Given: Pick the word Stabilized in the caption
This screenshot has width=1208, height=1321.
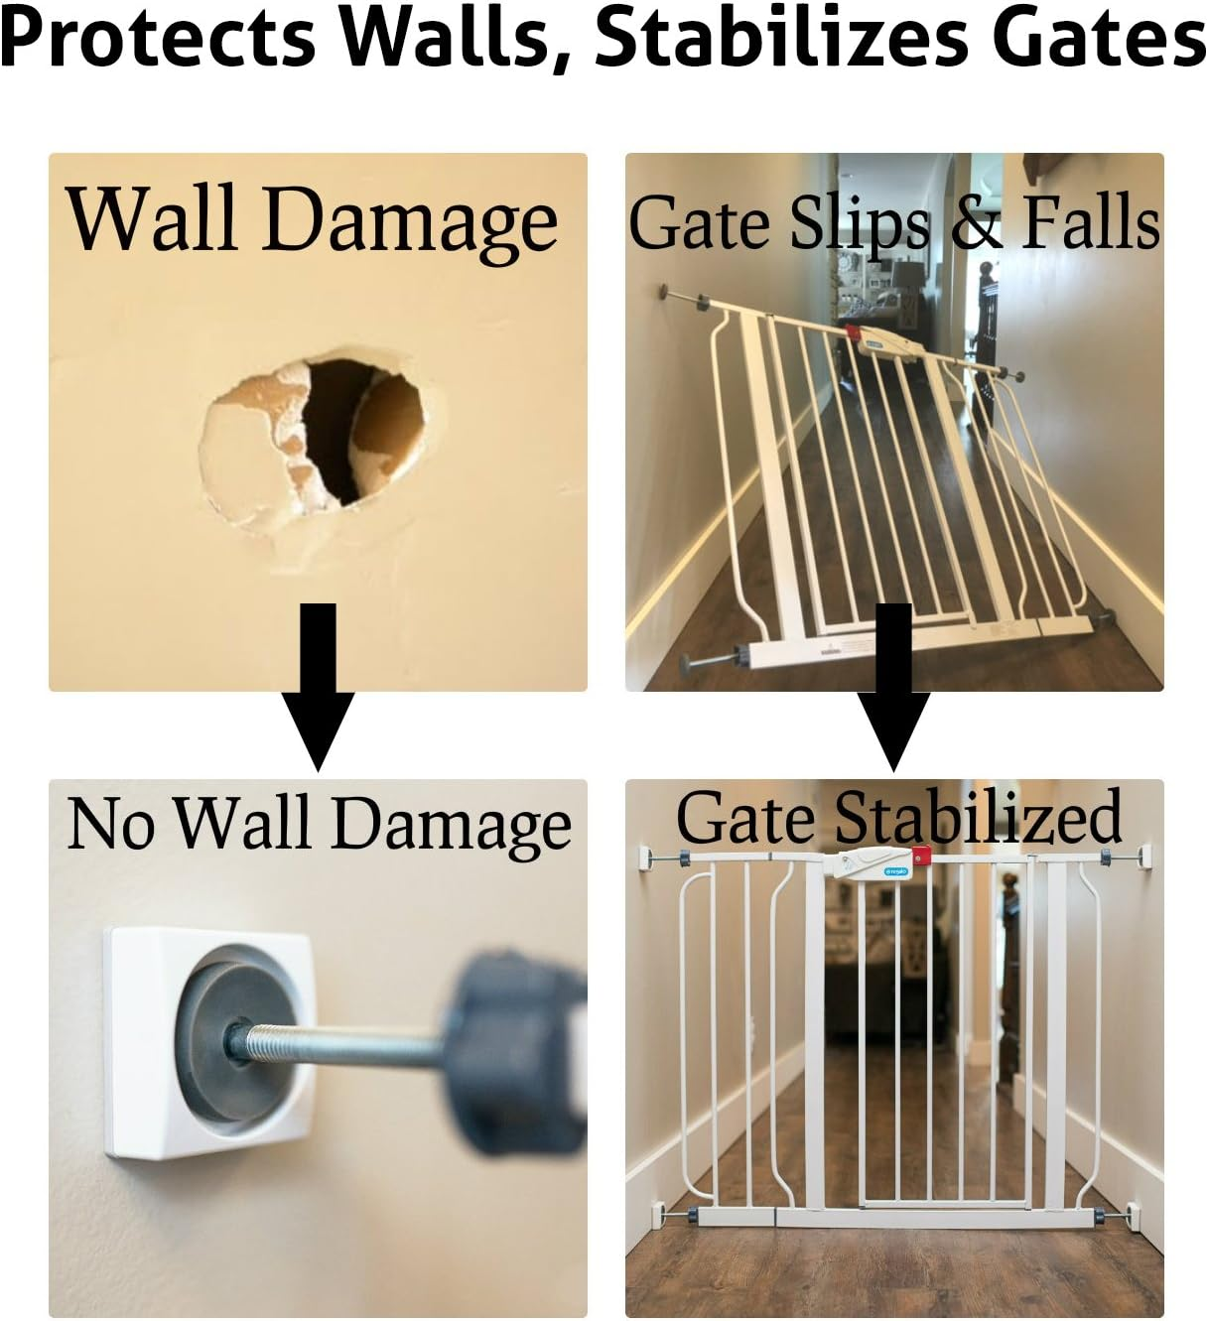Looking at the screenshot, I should point(977,818).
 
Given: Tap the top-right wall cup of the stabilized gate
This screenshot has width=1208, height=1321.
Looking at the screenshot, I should point(1148,854).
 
